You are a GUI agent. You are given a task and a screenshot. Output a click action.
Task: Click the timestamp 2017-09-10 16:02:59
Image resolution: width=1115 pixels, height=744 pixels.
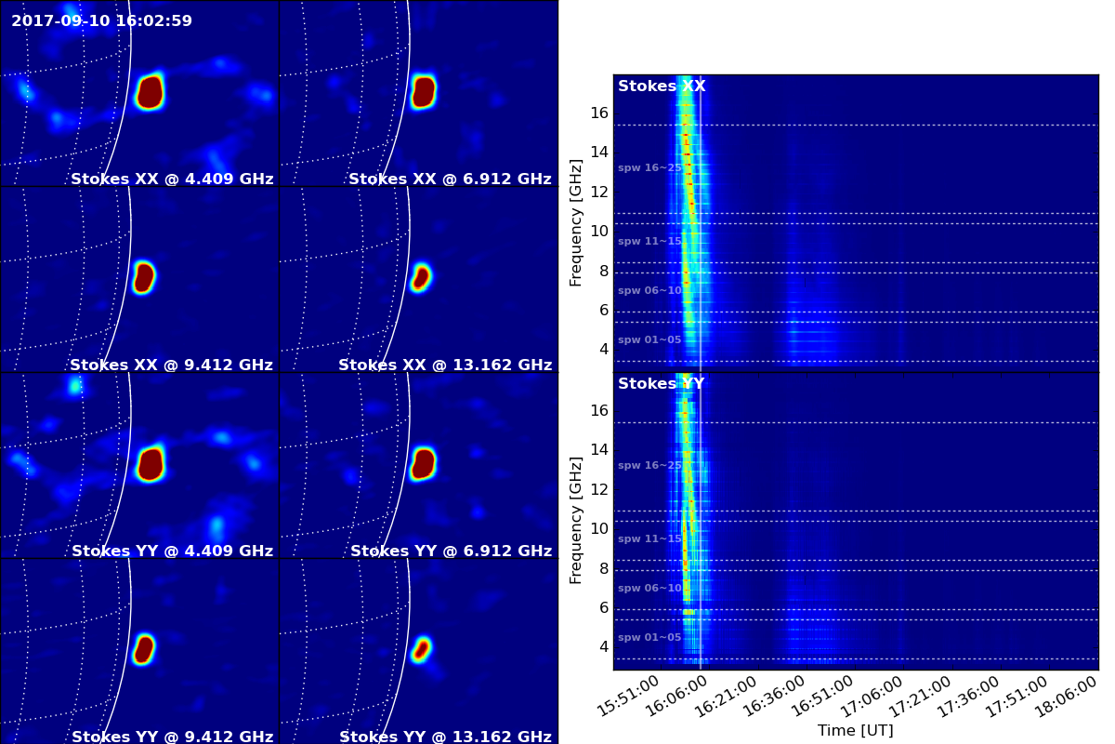coord(101,21)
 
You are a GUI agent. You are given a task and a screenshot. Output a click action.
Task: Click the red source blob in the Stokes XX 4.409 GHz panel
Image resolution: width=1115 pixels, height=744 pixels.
coord(150,92)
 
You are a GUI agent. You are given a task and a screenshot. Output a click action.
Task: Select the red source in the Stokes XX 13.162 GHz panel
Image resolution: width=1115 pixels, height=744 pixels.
coord(421,278)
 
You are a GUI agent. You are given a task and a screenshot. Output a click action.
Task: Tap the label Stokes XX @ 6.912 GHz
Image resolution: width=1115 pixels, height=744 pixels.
coord(450,179)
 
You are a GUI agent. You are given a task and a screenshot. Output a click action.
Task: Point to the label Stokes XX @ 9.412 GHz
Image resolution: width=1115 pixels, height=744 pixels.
coord(171,365)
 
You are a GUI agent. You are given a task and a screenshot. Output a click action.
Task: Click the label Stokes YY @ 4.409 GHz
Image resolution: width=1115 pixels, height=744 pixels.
coord(172,551)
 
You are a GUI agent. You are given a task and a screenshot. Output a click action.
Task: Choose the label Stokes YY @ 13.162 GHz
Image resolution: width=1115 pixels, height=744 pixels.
coord(445,737)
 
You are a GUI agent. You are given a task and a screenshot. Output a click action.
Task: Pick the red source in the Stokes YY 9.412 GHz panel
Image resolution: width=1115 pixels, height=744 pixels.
coord(144,649)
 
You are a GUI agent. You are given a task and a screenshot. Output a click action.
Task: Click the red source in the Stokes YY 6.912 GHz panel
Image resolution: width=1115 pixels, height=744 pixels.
coord(423,463)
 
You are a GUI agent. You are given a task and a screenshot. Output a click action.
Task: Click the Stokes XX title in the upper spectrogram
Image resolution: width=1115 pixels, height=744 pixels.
coord(662,86)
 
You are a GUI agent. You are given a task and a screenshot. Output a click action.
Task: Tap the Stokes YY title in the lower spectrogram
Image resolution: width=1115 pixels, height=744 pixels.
coord(661,384)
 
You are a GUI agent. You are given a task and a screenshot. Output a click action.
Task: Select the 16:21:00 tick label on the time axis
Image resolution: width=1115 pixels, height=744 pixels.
coord(726,697)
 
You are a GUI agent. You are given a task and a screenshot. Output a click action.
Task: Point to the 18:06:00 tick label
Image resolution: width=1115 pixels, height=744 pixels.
coord(1067,697)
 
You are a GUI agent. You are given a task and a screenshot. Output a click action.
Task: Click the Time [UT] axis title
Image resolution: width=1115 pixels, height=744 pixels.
coord(855,731)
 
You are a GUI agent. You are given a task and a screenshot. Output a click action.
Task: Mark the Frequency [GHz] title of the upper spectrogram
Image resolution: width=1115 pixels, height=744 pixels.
coord(575,223)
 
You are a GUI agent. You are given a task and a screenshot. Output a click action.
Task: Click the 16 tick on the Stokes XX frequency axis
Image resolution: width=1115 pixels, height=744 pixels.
coord(599,113)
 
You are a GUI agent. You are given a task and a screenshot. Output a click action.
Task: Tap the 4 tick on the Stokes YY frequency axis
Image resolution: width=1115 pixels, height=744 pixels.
coord(604,647)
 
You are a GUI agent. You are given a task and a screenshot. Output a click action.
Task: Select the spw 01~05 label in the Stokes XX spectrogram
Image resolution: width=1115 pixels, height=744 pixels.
coord(649,339)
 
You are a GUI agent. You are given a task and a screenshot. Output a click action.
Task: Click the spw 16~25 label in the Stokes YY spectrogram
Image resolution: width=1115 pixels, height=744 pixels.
coord(649,465)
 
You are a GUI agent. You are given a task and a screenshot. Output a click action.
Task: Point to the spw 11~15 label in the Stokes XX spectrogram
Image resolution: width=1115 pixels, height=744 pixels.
coord(649,241)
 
